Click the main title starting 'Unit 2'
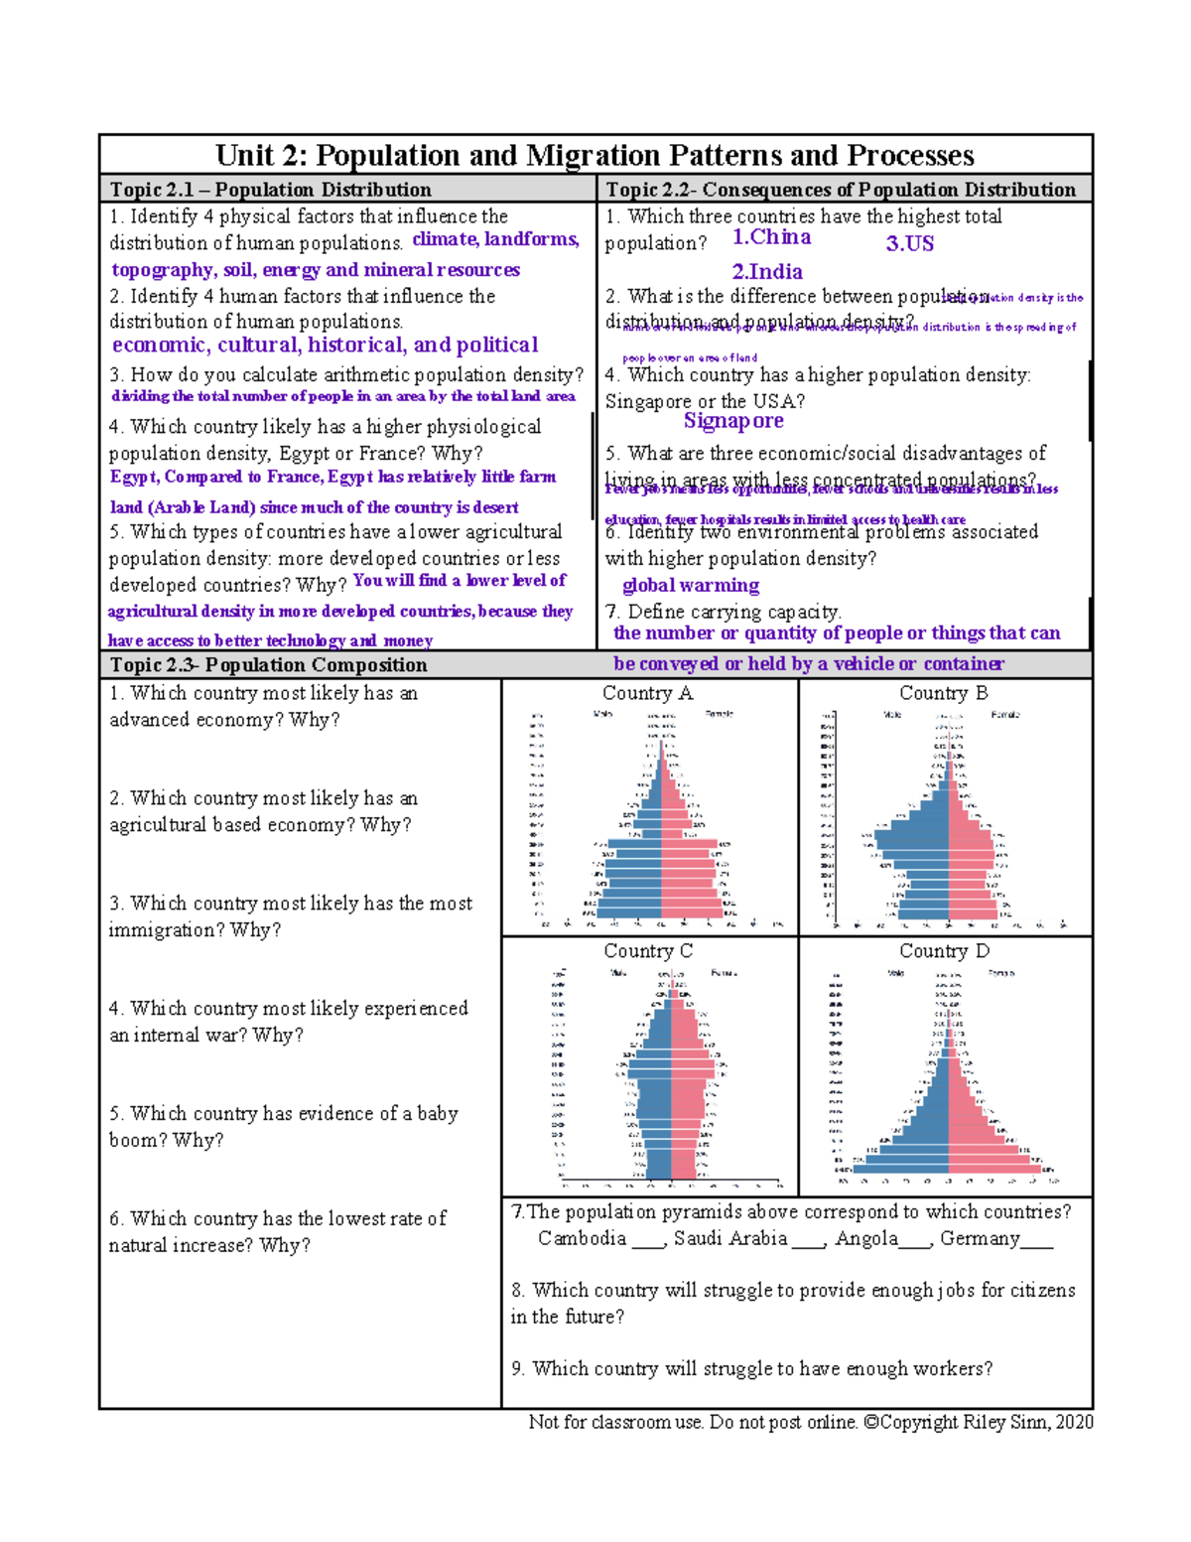[595, 156]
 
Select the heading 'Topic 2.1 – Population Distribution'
[270, 190]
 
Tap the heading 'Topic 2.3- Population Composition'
[268, 665]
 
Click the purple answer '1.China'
[771, 237]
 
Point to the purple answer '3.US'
[909, 243]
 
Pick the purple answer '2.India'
[766, 272]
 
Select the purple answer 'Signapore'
[732, 421]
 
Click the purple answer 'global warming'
[690, 586]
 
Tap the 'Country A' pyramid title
[647, 693]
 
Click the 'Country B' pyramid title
[943, 693]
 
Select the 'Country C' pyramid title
[648, 951]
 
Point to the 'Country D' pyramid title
[944, 951]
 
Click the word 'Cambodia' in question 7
[582, 1238]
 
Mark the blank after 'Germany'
[1037, 1240]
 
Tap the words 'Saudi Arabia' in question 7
[730, 1238]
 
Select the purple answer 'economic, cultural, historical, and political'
[325, 346]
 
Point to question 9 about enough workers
[751, 1368]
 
